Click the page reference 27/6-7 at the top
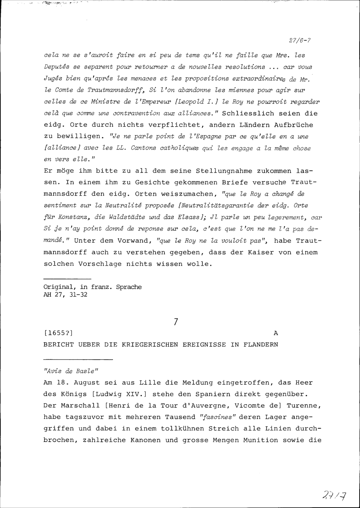pyautogui.click(x=300, y=41)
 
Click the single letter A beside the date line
pyautogui.click(x=276, y=333)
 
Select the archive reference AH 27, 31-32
pyautogui.click(x=65, y=295)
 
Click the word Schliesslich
pyautogui.click(x=245, y=113)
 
